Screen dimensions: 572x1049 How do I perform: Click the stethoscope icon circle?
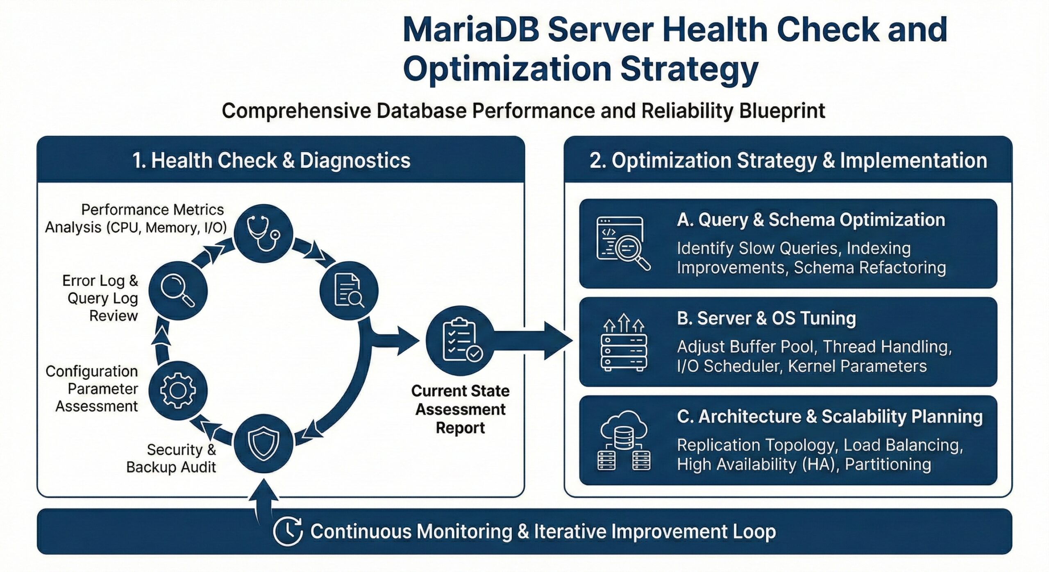[x=263, y=233]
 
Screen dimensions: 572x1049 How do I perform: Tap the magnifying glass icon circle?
[x=178, y=291]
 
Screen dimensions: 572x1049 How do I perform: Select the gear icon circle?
[x=178, y=390]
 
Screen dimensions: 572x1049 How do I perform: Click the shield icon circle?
[x=263, y=443]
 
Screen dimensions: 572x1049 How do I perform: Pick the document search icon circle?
[x=349, y=291]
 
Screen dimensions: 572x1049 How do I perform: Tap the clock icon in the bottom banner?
[x=288, y=531]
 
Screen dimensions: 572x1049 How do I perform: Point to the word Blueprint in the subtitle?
[x=782, y=111]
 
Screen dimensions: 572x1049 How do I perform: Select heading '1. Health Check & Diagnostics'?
[x=271, y=160]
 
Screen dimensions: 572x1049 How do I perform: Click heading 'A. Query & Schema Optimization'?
[x=811, y=220]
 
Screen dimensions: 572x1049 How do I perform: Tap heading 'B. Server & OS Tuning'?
[x=766, y=318]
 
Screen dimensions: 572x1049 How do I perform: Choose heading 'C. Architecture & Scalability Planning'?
[x=829, y=417]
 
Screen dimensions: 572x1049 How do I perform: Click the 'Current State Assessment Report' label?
[x=460, y=409]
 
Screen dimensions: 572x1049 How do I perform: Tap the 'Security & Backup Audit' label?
[x=171, y=459]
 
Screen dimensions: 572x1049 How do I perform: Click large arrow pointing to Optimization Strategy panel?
[x=541, y=340]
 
